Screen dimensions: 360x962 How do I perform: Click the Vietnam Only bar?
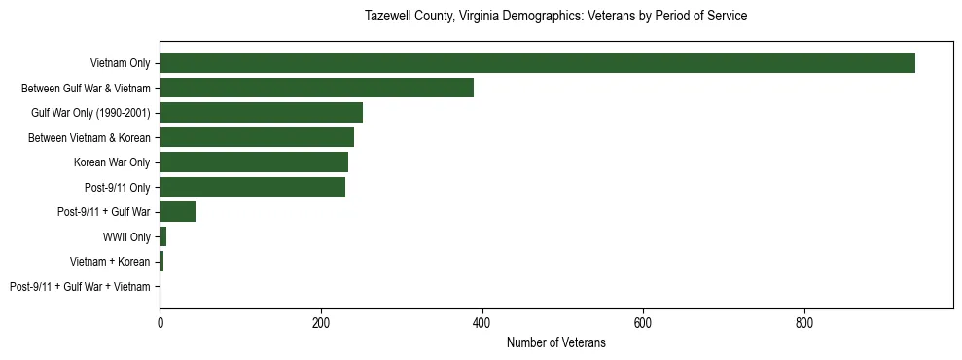[537, 62]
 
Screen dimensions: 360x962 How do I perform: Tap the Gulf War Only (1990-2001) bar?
[261, 113]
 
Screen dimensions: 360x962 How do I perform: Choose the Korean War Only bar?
[254, 162]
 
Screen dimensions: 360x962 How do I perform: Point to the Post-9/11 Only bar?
[252, 187]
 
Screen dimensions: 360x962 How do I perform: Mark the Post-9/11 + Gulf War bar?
[178, 212]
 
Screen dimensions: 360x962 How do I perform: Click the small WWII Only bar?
[163, 236]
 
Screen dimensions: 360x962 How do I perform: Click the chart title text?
[555, 17]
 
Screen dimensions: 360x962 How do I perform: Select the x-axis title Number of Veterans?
[555, 342]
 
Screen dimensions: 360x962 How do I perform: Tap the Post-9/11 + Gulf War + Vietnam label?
[80, 287]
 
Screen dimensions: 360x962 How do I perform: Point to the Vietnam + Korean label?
[110, 262]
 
